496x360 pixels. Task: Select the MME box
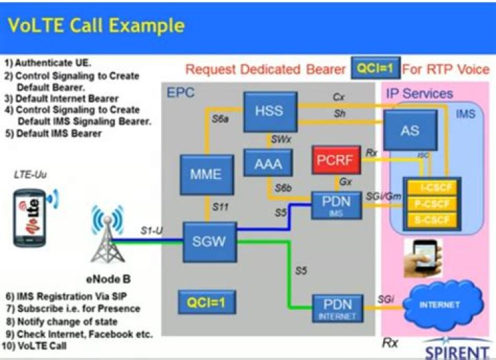tap(205, 175)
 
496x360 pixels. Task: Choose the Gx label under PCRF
tap(344, 182)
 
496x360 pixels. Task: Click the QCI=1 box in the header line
tap(375, 70)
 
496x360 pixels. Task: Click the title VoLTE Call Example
tap(96, 25)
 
